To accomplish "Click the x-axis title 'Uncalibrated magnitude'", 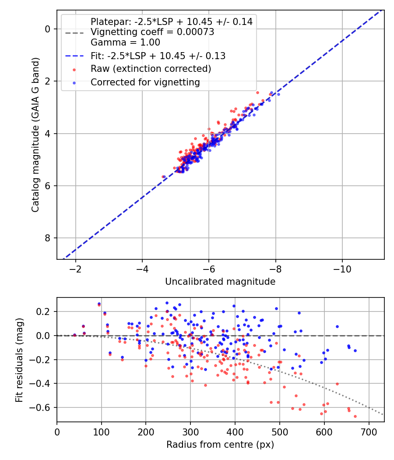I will coord(220,282).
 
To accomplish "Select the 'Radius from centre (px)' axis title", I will coord(220,445).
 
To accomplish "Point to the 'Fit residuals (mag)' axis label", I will coord(19,360).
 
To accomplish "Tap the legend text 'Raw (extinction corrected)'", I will coord(151,69).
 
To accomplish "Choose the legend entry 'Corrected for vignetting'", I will coord(145,82).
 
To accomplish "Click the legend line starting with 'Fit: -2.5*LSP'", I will coord(158,56).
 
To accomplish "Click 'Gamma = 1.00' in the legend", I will coord(125,42).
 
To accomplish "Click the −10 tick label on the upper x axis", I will coord(342,269).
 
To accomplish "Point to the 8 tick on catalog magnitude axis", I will coord(48,238).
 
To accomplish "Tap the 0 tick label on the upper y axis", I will coord(48,29).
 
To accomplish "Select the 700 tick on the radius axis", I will coord(369,432).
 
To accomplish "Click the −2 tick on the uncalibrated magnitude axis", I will coord(76,269).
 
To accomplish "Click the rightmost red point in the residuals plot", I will coord(355,416).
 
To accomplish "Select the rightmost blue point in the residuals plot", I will coord(355,350).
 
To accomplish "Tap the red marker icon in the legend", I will coord(74,69).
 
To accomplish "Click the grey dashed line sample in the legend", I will coord(74,32).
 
